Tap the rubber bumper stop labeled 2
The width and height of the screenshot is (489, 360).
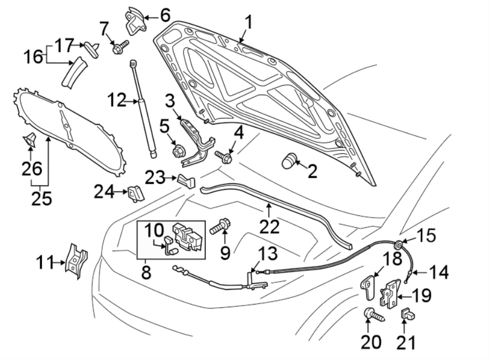tap(291, 160)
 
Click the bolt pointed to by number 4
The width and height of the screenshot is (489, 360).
tap(224, 157)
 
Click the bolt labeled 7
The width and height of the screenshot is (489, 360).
tap(120, 47)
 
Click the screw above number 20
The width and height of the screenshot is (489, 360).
tap(373, 314)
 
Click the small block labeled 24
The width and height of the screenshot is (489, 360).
tap(135, 193)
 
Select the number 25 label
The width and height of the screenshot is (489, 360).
tap(41, 198)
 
